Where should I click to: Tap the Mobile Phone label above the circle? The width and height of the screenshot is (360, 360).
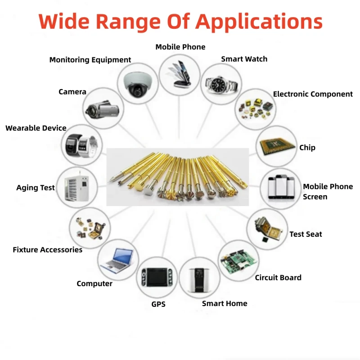pyautogui.click(x=180, y=47)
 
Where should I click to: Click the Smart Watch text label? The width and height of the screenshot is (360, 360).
pyautogui.click(x=244, y=59)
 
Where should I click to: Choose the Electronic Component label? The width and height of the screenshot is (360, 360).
pyautogui.click(x=313, y=94)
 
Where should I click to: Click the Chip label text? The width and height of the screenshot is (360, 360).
pyautogui.click(x=307, y=148)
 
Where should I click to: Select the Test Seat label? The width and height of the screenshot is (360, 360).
pyautogui.click(x=306, y=234)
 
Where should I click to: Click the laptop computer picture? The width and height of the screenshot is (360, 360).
pyautogui.click(x=117, y=260)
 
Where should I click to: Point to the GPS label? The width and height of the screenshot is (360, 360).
pyautogui.click(x=158, y=304)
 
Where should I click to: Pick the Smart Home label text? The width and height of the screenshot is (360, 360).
pyautogui.click(x=225, y=303)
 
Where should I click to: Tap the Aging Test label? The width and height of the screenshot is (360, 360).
pyautogui.click(x=36, y=188)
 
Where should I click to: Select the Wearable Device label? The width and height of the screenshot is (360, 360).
pyautogui.click(x=36, y=128)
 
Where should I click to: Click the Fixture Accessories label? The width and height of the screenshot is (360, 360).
pyautogui.click(x=48, y=249)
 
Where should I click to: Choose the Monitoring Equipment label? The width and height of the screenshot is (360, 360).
pyautogui.click(x=90, y=59)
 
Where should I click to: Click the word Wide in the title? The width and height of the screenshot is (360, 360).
pyautogui.click(x=64, y=21)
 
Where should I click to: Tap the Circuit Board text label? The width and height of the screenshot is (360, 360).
pyautogui.click(x=278, y=277)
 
